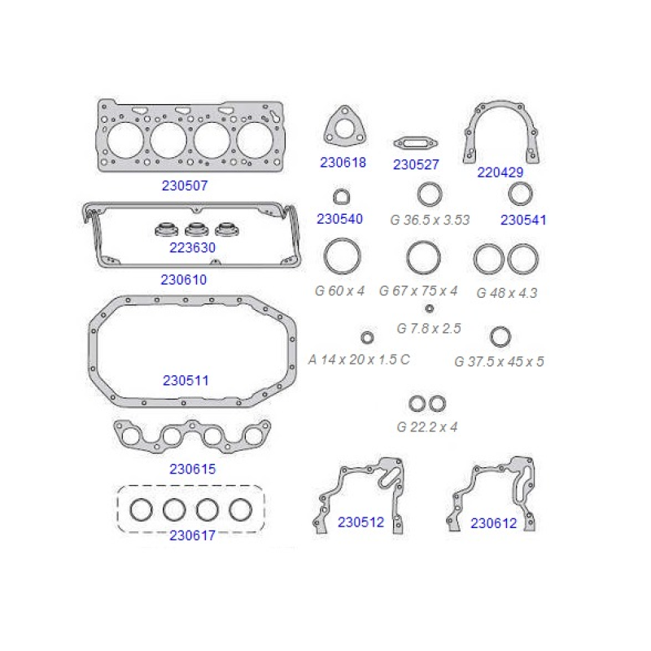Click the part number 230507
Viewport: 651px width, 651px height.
[185, 186]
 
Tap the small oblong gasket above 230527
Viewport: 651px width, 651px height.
[416, 144]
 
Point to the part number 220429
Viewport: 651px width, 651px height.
[500, 173]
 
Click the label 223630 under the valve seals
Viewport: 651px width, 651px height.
[192, 247]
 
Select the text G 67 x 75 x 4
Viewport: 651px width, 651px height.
[418, 291]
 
